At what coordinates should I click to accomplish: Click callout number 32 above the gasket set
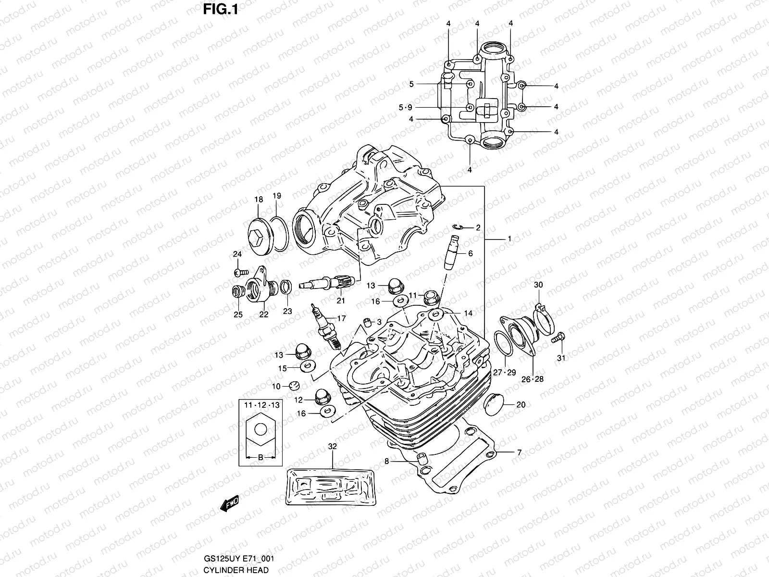pyautogui.click(x=333, y=446)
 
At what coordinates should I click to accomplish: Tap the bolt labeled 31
pyautogui.click(x=558, y=339)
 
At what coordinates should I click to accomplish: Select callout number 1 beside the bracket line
pyautogui.click(x=509, y=239)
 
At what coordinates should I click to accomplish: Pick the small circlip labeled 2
pyautogui.click(x=460, y=227)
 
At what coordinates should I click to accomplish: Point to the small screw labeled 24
pyautogui.click(x=238, y=272)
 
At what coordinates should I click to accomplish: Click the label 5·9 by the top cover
pyautogui.click(x=405, y=107)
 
